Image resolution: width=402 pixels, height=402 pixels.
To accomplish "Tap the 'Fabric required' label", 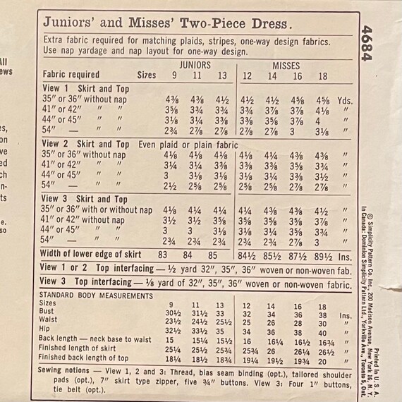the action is point(71,74).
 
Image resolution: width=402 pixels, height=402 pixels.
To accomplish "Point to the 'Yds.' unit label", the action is point(345,100).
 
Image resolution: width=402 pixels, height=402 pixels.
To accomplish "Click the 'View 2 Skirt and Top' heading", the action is point(85,145).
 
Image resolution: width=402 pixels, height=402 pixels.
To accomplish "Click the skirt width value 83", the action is point(164,255).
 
